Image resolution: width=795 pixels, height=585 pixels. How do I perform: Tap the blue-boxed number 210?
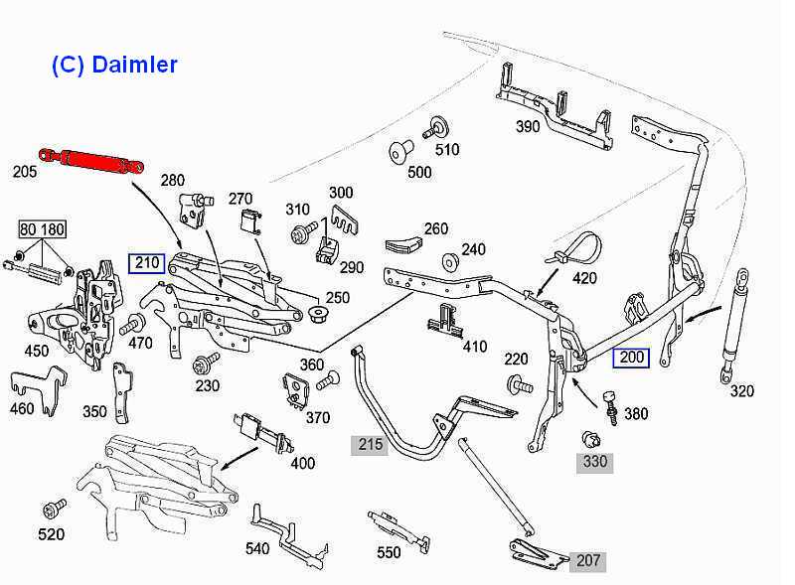click(x=146, y=264)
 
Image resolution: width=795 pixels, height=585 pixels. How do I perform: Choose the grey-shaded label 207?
click(x=588, y=561)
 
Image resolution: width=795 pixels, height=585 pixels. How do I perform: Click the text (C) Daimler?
click(x=114, y=66)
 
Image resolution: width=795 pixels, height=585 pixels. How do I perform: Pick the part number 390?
click(x=528, y=126)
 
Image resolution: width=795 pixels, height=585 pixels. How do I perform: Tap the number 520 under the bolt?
click(x=51, y=534)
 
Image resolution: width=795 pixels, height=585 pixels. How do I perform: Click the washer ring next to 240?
click(x=449, y=262)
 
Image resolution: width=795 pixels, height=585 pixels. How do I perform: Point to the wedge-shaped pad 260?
click(x=400, y=239)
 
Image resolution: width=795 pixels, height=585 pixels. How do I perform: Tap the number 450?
click(x=37, y=350)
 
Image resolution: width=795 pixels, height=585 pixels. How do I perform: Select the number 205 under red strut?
click(x=25, y=172)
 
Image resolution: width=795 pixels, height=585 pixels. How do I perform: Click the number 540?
click(x=257, y=547)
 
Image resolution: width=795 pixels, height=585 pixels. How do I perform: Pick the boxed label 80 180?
click(x=42, y=230)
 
